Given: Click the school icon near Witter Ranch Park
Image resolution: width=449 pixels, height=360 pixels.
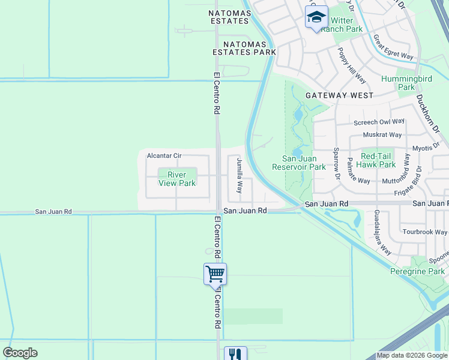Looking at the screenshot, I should pyautogui.click(x=316, y=17).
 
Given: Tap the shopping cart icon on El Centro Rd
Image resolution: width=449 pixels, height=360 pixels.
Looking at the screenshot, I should pyautogui.click(x=215, y=274).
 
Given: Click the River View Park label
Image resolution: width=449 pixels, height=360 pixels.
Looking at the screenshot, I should pyautogui.click(x=177, y=179).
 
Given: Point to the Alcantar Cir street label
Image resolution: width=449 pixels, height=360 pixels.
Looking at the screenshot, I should pyautogui.click(x=164, y=156).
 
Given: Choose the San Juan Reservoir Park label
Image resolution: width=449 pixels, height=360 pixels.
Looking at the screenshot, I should pyautogui.click(x=298, y=163).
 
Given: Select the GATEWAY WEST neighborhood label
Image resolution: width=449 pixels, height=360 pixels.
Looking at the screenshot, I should pyautogui.click(x=339, y=95).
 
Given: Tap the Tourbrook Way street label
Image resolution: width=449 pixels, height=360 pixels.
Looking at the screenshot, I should pyautogui.click(x=424, y=232).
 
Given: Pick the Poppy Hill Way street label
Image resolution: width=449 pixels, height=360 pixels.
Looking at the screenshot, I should pyautogui.click(x=352, y=65).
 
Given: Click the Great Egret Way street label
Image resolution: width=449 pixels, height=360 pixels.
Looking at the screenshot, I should pyautogui.click(x=393, y=47).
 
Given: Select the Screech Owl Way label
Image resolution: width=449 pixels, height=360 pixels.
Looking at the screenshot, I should pyautogui.click(x=379, y=122).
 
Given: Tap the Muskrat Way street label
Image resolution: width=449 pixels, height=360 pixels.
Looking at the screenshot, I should pyautogui.click(x=382, y=135).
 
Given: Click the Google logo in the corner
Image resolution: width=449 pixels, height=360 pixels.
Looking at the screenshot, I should pyautogui.click(x=20, y=352).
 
